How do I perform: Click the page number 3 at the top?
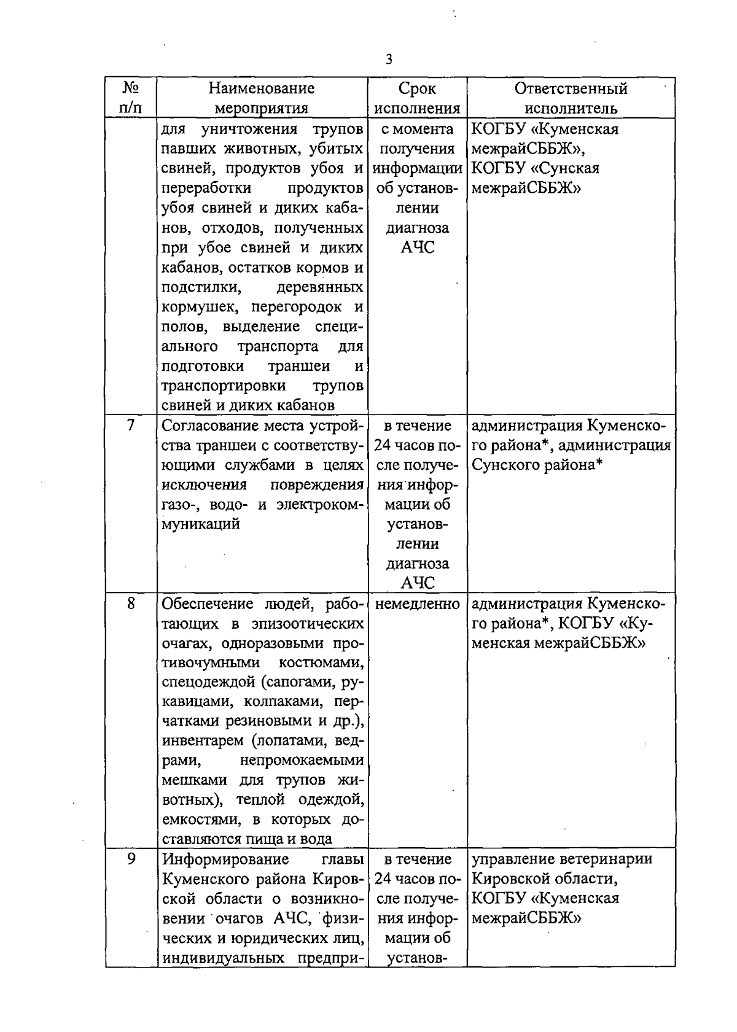[388, 60]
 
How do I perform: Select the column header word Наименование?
[262, 88]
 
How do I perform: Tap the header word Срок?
[417, 88]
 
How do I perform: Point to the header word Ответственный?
[571, 88]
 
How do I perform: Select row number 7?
[130, 425]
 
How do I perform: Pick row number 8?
[130, 603]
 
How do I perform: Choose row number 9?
[130, 858]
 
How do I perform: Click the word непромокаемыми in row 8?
[302, 761]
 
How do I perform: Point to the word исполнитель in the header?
[571, 109]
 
